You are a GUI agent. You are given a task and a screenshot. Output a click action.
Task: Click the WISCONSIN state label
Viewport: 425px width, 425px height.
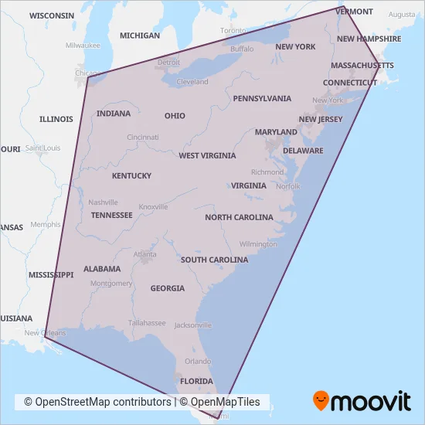(52, 15)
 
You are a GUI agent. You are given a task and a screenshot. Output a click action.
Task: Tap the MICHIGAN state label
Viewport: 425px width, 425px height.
(140, 36)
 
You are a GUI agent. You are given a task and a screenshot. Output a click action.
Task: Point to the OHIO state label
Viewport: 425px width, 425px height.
(175, 116)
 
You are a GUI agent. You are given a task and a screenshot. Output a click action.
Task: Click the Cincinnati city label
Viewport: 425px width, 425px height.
(143, 138)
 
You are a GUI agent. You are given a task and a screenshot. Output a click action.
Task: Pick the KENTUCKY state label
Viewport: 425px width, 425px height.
(131, 176)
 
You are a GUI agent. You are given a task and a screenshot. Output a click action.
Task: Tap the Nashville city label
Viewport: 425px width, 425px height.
(103, 202)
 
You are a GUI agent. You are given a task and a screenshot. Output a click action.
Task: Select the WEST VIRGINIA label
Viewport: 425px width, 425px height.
(207, 156)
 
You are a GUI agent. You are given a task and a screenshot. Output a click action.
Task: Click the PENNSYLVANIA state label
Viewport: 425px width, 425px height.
(262, 99)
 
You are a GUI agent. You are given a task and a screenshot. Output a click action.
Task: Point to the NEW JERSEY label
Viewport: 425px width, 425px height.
(321, 120)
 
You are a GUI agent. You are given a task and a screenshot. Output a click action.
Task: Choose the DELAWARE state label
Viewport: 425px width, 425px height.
(303, 151)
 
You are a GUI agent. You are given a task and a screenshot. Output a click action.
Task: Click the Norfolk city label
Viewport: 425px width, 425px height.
(288, 186)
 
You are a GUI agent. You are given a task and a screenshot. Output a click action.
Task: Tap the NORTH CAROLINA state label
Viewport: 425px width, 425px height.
(239, 218)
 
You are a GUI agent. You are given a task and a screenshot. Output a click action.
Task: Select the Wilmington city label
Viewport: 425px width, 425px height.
(258, 244)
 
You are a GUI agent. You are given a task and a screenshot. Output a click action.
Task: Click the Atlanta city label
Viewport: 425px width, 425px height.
(144, 254)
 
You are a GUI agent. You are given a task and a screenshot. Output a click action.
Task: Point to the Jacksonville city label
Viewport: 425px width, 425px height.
(193, 325)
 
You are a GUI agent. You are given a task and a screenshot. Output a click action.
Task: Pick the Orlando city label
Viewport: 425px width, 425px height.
(198, 361)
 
